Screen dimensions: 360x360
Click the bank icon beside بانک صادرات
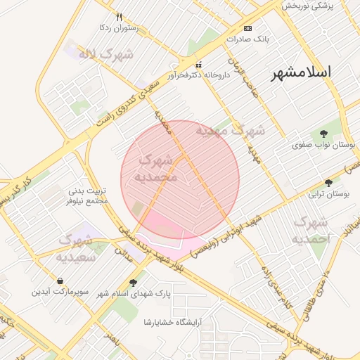click(x=247, y=28)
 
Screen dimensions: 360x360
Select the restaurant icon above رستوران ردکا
click(x=119, y=17)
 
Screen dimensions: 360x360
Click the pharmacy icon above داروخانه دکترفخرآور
click(x=198, y=64)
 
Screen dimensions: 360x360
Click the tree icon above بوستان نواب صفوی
click(x=323, y=133)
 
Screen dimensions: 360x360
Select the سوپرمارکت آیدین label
click(x=60, y=290)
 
